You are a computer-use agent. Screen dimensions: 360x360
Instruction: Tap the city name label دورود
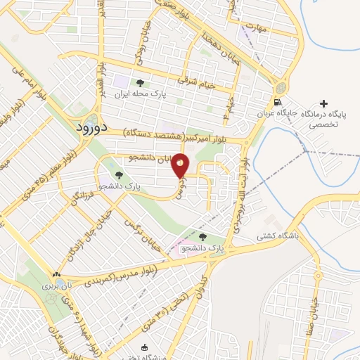pos(90,129)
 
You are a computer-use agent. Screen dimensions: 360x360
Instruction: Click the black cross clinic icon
pos(323,103)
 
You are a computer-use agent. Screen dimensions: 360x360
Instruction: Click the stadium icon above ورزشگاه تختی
pos(145,347)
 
